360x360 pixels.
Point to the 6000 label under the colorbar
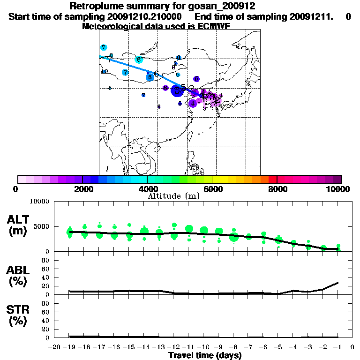212,189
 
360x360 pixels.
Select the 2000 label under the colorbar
82,189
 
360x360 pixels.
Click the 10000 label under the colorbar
337,189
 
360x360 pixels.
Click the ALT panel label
17,219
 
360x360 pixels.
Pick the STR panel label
17,309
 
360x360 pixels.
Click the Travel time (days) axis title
205,356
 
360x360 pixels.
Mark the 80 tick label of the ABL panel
46,260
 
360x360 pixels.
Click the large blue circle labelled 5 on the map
177,90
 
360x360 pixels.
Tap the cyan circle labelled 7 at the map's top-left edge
104,47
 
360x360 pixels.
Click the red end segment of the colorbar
272,179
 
